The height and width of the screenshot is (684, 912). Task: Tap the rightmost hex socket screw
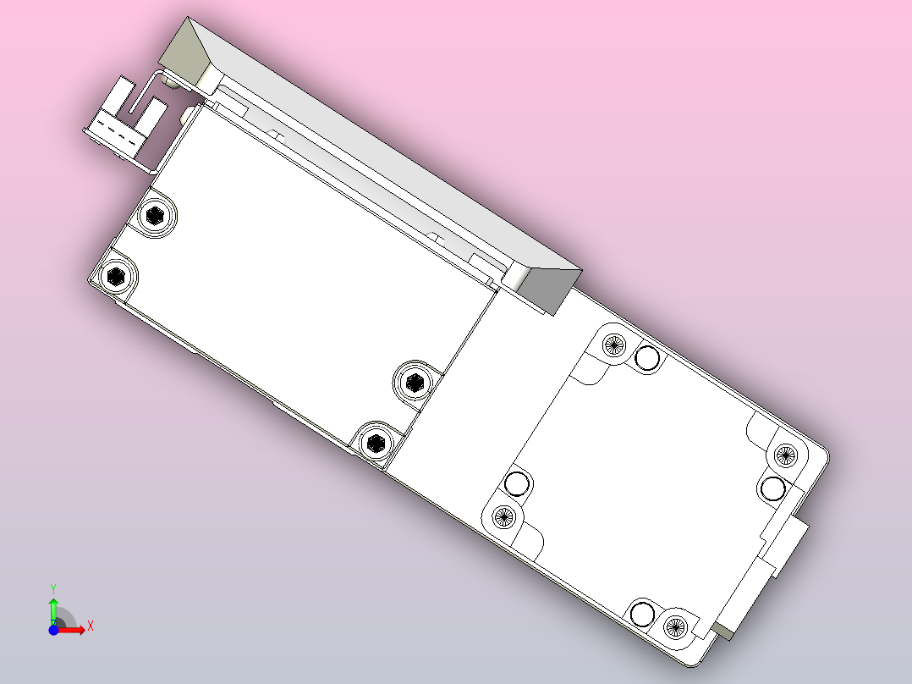(414, 382)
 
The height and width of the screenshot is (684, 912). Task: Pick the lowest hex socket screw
(375, 442)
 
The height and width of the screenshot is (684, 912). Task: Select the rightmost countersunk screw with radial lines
(784, 455)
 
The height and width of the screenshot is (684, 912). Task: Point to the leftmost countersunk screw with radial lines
(503, 515)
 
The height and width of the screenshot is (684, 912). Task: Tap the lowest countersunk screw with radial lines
(674, 626)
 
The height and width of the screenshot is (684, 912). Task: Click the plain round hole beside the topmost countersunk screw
(648, 359)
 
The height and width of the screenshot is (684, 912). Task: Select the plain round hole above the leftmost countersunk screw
(516, 484)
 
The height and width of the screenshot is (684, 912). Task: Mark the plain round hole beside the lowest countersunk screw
(642, 614)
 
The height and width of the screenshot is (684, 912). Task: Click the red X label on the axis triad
(91, 626)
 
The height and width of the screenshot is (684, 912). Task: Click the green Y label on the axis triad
(52, 587)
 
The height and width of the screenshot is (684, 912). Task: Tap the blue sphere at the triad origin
(53, 631)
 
